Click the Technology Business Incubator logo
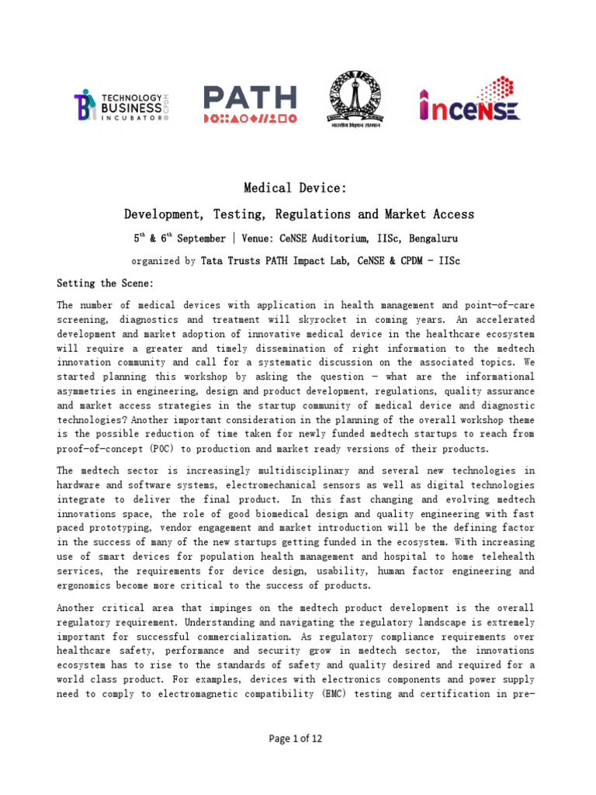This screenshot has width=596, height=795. coord(121,104)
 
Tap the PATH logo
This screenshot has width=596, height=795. coord(249,105)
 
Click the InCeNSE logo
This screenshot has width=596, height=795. coord(470,104)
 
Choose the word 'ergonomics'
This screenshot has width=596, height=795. coord(90,585)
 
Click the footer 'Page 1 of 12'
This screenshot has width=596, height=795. coord(296,738)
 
